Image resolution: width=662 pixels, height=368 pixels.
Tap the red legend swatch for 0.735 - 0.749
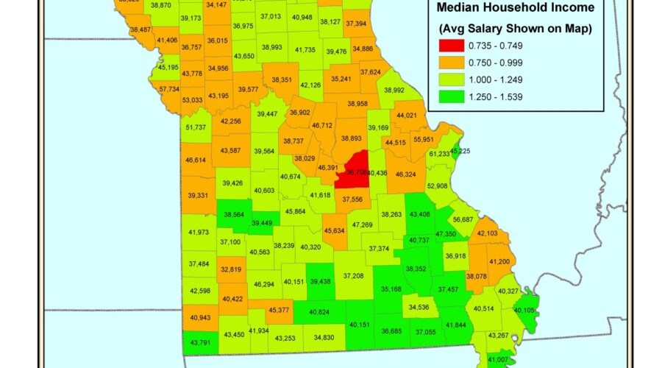click(x=452, y=46)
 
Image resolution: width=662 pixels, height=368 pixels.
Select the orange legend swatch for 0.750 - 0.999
click(x=452, y=63)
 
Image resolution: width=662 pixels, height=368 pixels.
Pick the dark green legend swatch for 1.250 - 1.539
click(x=452, y=99)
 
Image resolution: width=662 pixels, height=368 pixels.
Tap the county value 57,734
click(x=169, y=89)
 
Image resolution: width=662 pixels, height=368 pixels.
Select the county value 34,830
click(x=324, y=338)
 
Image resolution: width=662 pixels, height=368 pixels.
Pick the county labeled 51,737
click(x=196, y=127)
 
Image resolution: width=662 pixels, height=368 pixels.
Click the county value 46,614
click(x=196, y=160)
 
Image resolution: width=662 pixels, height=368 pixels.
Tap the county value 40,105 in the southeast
click(x=525, y=310)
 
